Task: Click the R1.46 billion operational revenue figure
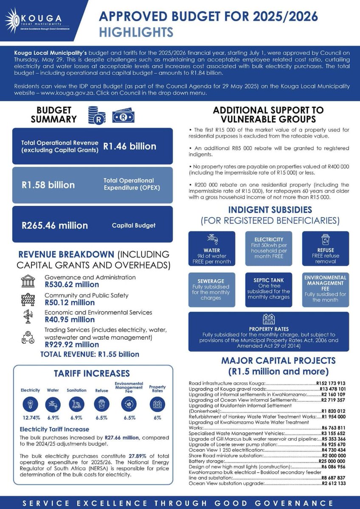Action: [x=130, y=146]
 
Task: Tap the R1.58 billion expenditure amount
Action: [x=48, y=185]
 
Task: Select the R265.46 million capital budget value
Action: [x=55, y=225]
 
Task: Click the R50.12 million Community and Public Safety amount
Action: [x=70, y=302]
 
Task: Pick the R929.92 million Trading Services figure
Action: [x=71, y=344]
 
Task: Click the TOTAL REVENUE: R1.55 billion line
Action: [x=90, y=354]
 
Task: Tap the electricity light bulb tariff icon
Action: [x=31, y=404]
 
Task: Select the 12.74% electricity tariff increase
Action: [x=31, y=418]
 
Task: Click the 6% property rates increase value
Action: [x=157, y=418]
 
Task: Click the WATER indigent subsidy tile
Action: [x=211, y=250]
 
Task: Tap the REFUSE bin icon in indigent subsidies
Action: [x=326, y=240]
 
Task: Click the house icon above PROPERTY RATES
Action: [x=268, y=319]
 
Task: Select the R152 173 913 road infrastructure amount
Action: [x=333, y=383]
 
